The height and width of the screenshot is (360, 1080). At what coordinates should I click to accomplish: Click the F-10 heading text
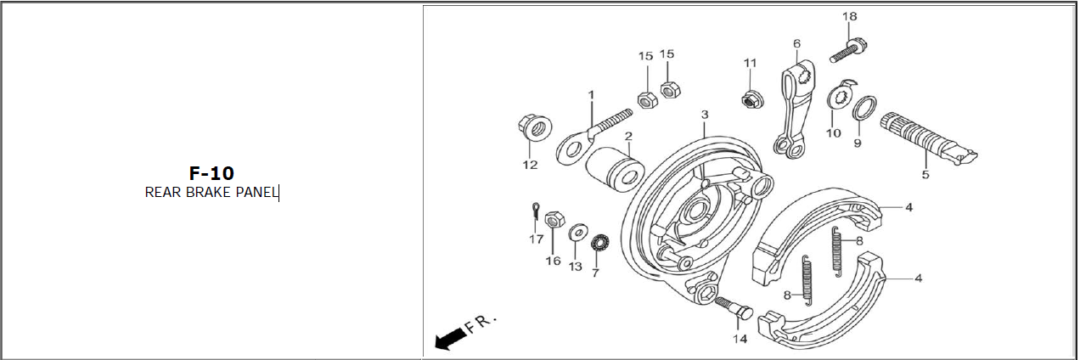211,173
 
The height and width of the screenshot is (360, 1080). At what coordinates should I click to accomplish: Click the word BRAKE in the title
209,192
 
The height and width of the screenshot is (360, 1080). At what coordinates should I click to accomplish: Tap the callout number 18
850,16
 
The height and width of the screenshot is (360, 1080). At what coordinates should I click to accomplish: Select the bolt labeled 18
848,51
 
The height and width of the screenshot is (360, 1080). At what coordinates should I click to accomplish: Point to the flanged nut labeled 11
751,99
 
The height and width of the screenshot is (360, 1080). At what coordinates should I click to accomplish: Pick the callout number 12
530,165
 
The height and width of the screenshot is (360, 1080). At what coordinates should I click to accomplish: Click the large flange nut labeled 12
535,127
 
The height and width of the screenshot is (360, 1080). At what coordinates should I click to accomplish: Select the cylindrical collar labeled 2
616,169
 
